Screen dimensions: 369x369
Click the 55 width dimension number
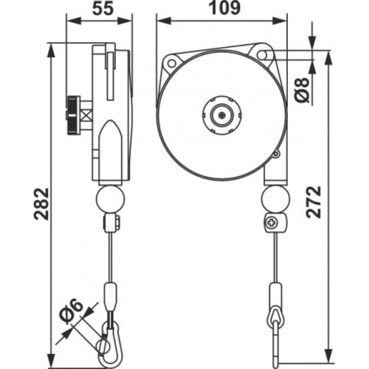(103, 9)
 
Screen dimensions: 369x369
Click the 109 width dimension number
(225, 8)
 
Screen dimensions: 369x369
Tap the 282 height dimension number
(42, 204)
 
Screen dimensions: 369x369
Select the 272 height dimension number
(314, 202)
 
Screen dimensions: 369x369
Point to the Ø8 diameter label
(302, 89)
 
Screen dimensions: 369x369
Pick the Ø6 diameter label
(71, 310)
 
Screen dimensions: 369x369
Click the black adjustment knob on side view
(73, 115)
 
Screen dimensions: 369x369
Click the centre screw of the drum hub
(222, 115)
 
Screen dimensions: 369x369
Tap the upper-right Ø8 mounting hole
(262, 55)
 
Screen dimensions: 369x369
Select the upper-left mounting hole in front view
(172, 63)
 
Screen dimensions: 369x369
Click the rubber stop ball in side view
(111, 199)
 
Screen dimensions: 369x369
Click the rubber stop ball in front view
(275, 199)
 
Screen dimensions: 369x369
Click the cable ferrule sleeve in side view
(111, 297)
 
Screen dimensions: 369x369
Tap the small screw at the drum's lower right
(275, 154)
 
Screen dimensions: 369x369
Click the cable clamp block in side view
(112, 222)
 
